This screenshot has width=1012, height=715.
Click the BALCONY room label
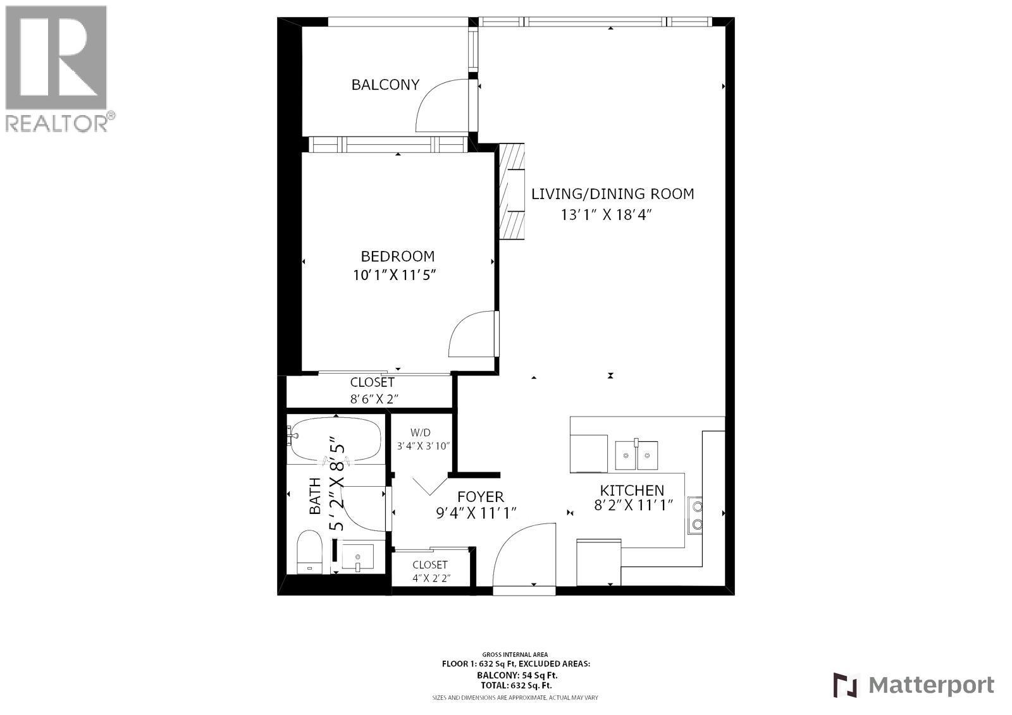pyautogui.click(x=385, y=85)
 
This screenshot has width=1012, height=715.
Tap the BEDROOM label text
pyautogui.click(x=397, y=256)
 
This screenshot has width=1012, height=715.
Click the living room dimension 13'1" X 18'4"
pyautogui.click(x=606, y=215)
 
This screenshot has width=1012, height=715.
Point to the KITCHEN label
pyautogui.click(x=632, y=490)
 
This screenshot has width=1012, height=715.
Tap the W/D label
pyautogui.click(x=421, y=433)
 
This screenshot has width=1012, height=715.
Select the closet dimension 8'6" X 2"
pyautogui.click(x=374, y=399)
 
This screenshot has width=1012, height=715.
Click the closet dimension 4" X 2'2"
pyautogui.click(x=430, y=578)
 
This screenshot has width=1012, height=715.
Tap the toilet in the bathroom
pyautogui.click(x=310, y=551)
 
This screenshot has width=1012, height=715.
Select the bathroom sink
pyautogui.click(x=357, y=558)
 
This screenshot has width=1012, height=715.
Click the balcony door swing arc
pyautogui.click(x=441, y=104)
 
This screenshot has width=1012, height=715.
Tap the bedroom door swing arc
pyautogui.click(x=471, y=335)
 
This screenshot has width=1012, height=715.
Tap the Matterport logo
pyautogui.click(x=913, y=685)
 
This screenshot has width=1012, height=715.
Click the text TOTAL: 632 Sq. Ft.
pyautogui.click(x=515, y=685)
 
